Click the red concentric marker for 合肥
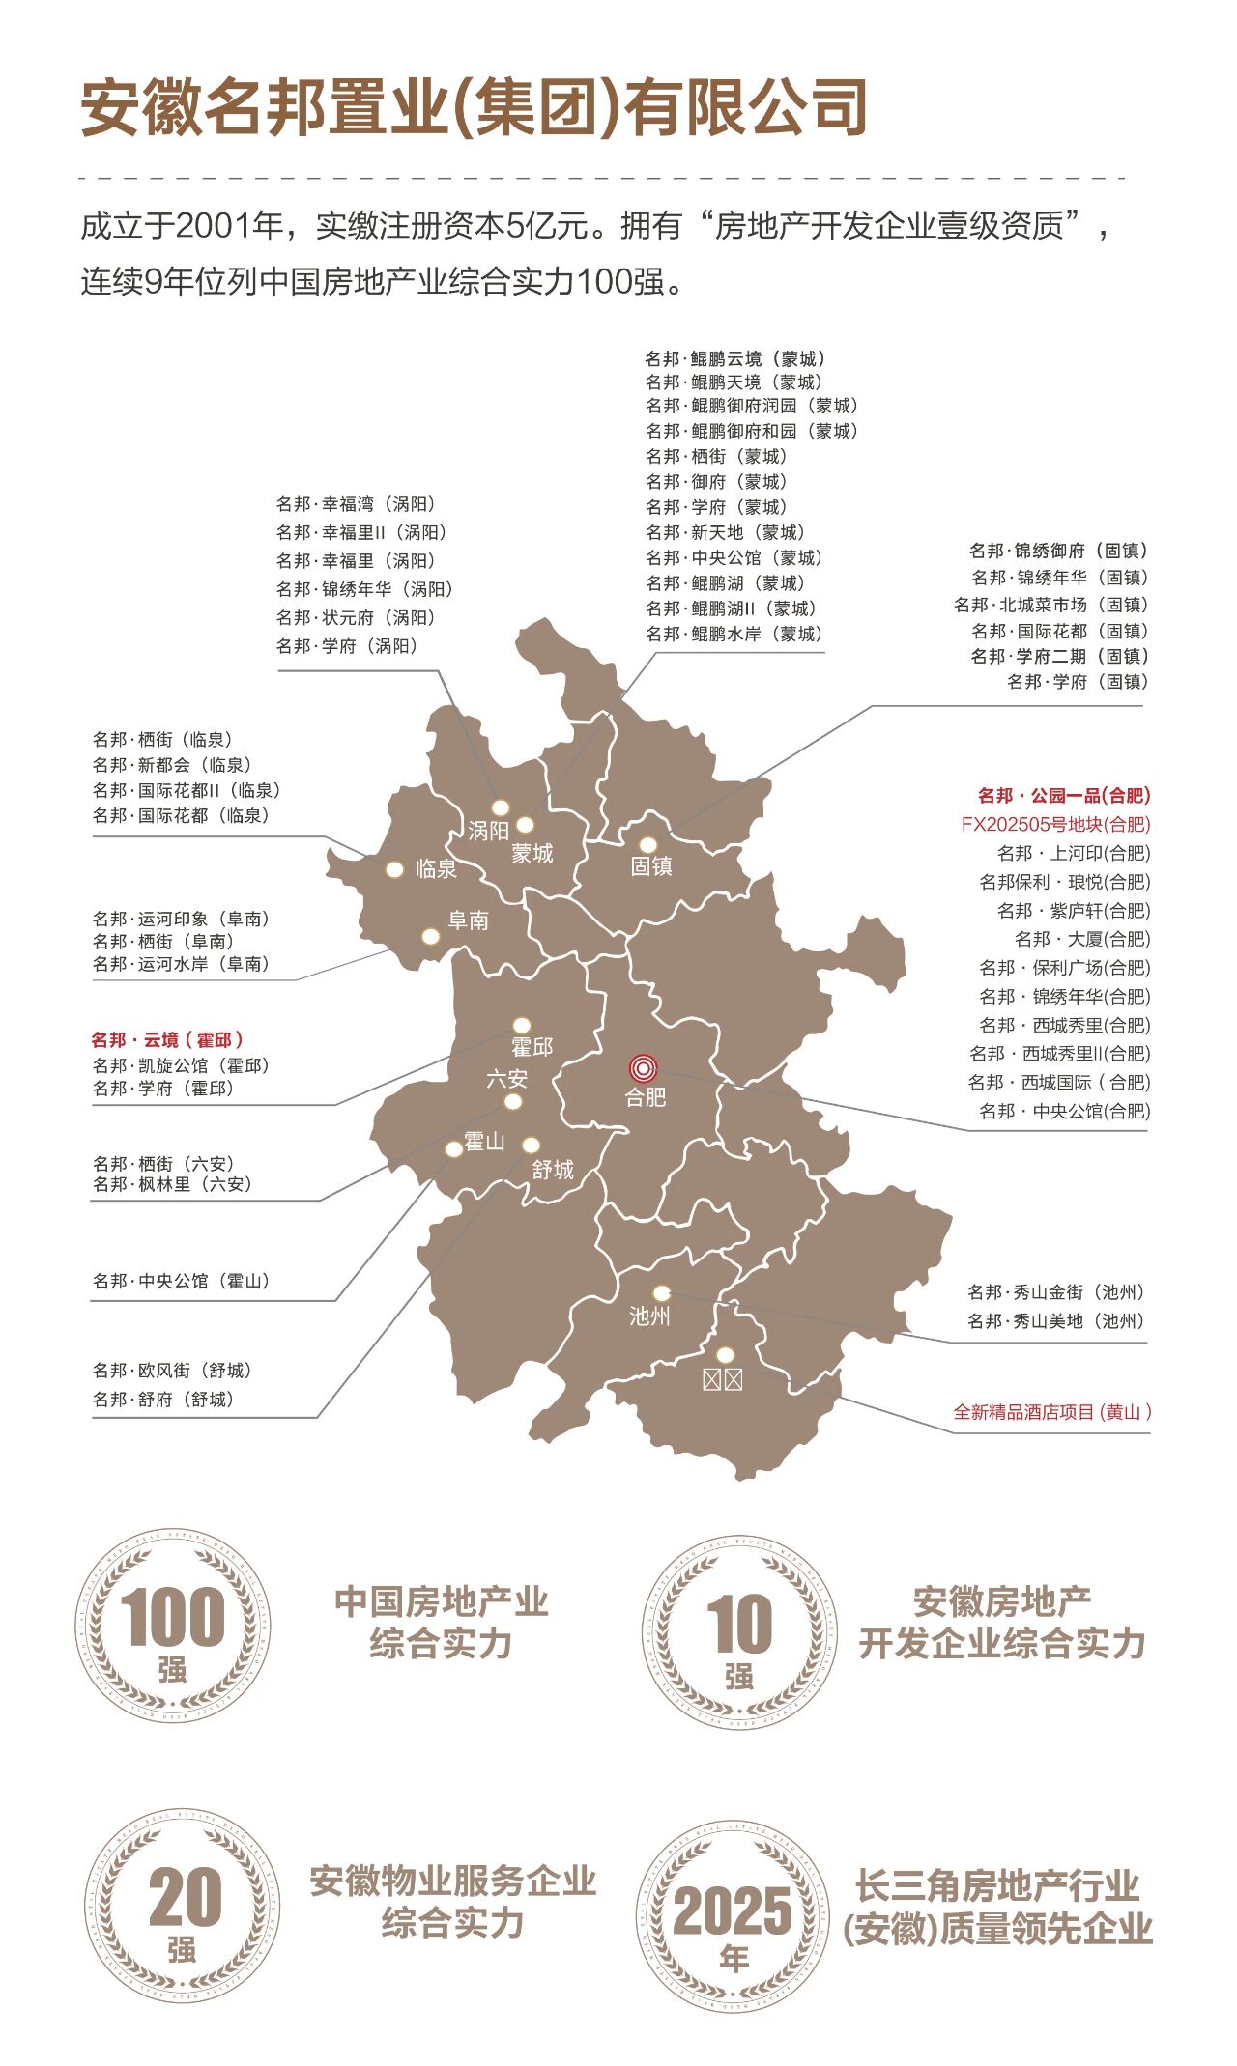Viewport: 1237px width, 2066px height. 643,1068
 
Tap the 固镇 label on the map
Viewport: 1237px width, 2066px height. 651,866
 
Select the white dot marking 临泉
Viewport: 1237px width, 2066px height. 394,869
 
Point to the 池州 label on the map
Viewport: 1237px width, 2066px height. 649,1316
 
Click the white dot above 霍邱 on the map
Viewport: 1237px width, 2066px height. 522,1025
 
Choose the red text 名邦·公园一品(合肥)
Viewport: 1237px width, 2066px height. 1063,796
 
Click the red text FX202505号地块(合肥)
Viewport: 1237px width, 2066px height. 1055,824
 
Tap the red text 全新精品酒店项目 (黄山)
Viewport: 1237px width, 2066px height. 1051,1412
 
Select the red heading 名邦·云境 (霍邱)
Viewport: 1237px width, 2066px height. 167,1040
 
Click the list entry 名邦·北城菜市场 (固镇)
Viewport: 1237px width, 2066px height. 1050,605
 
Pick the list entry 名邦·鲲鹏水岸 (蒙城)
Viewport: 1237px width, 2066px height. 734,634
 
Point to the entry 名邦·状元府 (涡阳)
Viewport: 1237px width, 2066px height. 356,617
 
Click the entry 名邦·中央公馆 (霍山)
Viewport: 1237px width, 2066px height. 182,1281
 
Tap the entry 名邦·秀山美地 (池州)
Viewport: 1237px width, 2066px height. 1055,1320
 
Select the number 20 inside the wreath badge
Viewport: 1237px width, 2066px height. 185,1897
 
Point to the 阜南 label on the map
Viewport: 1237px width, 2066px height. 469,920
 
